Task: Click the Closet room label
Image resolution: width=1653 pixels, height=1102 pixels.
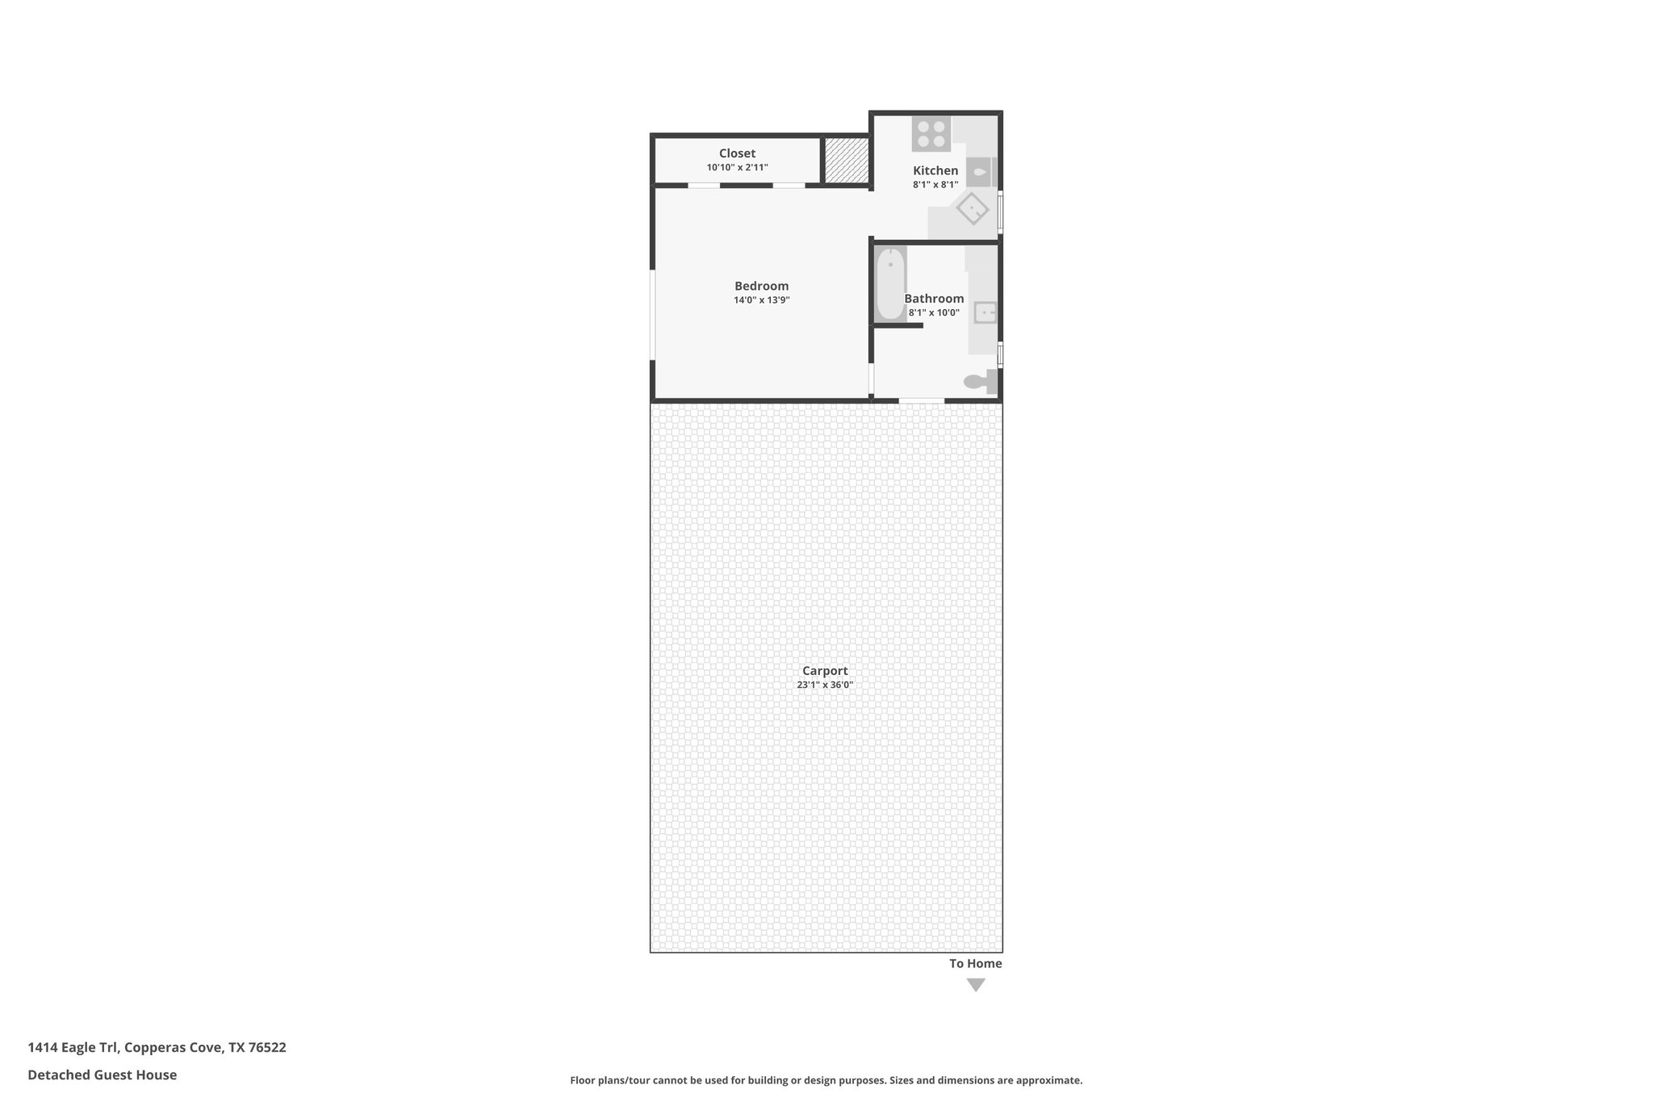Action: pos(737,153)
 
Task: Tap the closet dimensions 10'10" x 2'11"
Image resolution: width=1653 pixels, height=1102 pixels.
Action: pos(737,168)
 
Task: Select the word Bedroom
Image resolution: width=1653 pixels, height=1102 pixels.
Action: pos(761,286)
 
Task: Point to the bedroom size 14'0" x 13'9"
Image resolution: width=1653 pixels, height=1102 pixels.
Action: pos(761,300)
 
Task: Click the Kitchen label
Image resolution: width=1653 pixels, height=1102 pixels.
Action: pos(935,170)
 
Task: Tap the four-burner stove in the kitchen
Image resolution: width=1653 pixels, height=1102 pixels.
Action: pos(931,134)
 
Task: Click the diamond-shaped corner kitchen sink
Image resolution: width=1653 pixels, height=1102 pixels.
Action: pos(973,208)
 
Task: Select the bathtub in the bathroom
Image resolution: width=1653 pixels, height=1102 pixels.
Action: pos(890,284)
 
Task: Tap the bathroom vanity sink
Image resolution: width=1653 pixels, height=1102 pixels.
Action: pos(986,312)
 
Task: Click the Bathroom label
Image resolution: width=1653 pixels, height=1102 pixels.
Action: pos(934,299)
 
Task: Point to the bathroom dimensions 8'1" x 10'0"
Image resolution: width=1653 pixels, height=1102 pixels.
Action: pos(934,313)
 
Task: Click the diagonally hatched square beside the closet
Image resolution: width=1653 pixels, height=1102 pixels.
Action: pos(846,161)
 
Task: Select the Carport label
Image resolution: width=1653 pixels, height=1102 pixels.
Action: pos(825,671)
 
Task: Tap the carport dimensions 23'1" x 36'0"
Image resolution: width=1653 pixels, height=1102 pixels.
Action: pos(825,685)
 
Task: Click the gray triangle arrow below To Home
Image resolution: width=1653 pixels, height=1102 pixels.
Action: pos(976,985)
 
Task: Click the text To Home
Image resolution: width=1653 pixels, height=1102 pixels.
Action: pos(975,963)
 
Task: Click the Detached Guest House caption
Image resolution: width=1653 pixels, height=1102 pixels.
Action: pos(102,1075)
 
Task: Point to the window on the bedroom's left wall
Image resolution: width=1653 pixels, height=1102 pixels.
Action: pos(652,314)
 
